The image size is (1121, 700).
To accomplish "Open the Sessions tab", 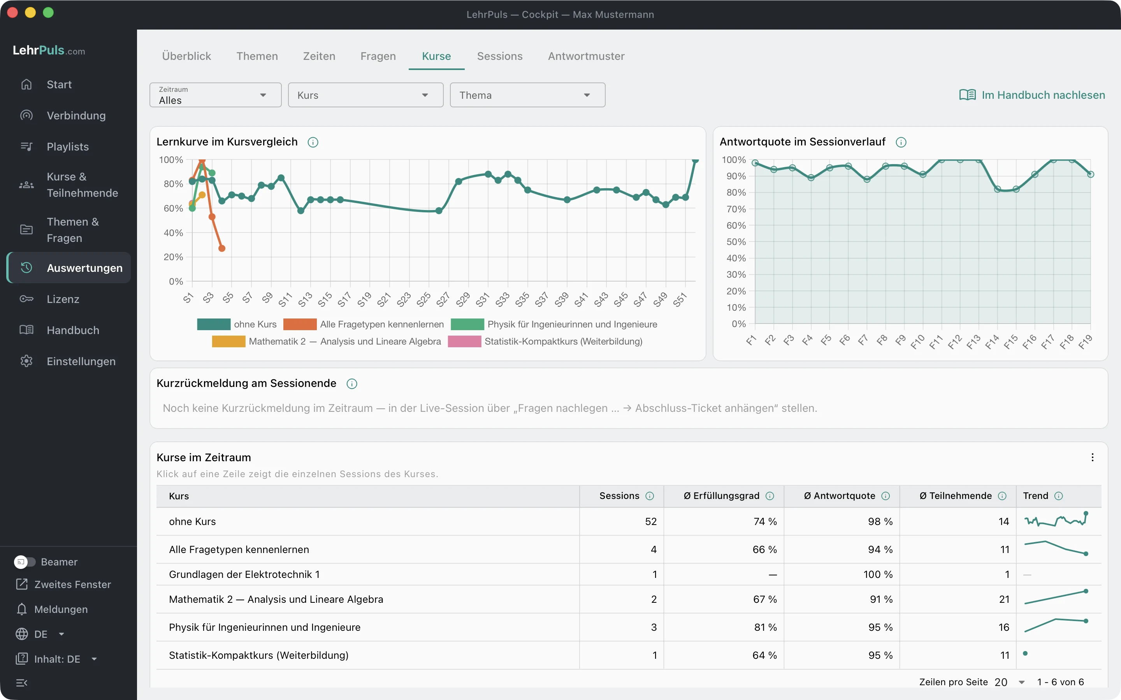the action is (x=499, y=56).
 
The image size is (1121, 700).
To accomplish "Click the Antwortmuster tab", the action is (x=586, y=56).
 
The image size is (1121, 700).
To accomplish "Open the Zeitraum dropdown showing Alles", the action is (x=215, y=95).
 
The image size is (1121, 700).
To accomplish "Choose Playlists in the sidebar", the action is (x=68, y=147).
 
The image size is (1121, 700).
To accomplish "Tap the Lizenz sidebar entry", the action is (x=63, y=299).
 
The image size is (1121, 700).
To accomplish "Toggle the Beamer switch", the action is (x=25, y=562).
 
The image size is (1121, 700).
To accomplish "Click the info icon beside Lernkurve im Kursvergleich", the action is (x=313, y=142).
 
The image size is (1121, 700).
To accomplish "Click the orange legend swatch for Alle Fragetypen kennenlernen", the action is (x=300, y=324).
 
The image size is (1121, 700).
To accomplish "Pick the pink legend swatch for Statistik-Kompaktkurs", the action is (x=465, y=341).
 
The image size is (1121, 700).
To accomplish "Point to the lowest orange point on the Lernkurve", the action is (x=222, y=248).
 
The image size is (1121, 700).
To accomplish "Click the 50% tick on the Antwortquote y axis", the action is (x=736, y=241).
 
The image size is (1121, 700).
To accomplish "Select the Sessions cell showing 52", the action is (x=651, y=521).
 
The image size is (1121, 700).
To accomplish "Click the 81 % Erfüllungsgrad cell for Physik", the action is (x=765, y=627).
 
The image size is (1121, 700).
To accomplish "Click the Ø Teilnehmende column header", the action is (x=956, y=496).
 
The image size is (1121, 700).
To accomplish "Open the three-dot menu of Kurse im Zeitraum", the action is (x=1092, y=457).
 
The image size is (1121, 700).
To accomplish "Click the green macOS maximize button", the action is (x=48, y=12).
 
